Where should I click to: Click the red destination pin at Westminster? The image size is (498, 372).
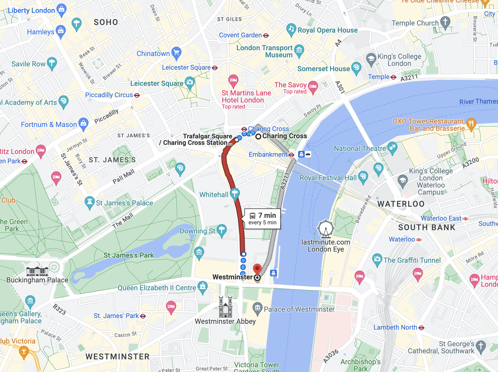click(x=257, y=269)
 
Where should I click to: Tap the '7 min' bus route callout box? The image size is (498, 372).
click(x=262, y=219)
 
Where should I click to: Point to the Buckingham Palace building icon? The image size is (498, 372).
click(x=37, y=271)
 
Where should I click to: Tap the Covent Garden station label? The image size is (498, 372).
click(x=240, y=35)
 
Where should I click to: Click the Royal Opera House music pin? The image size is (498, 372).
click(x=291, y=30)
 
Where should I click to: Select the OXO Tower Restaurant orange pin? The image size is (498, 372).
click(x=471, y=124)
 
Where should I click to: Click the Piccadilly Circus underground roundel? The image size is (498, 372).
click(x=137, y=95)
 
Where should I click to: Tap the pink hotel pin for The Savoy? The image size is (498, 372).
click(x=313, y=87)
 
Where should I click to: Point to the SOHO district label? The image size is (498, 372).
click(x=106, y=22)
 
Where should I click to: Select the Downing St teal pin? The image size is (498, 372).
click(x=222, y=230)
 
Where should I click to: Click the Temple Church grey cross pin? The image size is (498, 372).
click(x=445, y=22)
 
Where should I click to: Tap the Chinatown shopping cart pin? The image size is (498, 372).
click(x=176, y=53)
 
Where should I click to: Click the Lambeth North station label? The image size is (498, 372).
click(x=395, y=327)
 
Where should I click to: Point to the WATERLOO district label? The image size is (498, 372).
click(x=401, y=204)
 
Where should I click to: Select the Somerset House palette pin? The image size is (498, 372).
click(x=356, y=68)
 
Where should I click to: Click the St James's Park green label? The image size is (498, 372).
click(x=129, y=255)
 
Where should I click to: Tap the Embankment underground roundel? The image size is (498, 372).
click(x=291, y=155)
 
